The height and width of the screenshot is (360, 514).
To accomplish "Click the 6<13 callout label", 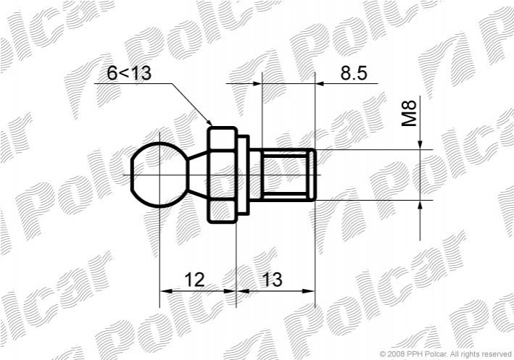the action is pyautogui.click(x=129, y=72).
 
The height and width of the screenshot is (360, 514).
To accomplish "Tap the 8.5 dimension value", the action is pyautogui.click(x=354, y=72).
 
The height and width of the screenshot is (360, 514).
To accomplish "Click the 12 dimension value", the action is pyautogui.click(x=194, y=280).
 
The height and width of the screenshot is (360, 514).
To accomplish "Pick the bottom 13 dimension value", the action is pyautogui.click(x=272, y=280).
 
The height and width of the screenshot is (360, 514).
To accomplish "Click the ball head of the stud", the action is pyautogui.click(x=159, y=175).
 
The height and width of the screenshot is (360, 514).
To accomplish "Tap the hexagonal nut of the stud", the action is pyautogui.click(x=222, y=175).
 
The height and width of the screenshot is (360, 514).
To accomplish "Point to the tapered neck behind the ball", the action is pyautogui.click(x=198, y=175).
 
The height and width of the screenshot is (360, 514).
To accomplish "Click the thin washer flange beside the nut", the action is pyautogui.click(x=243, y=175).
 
